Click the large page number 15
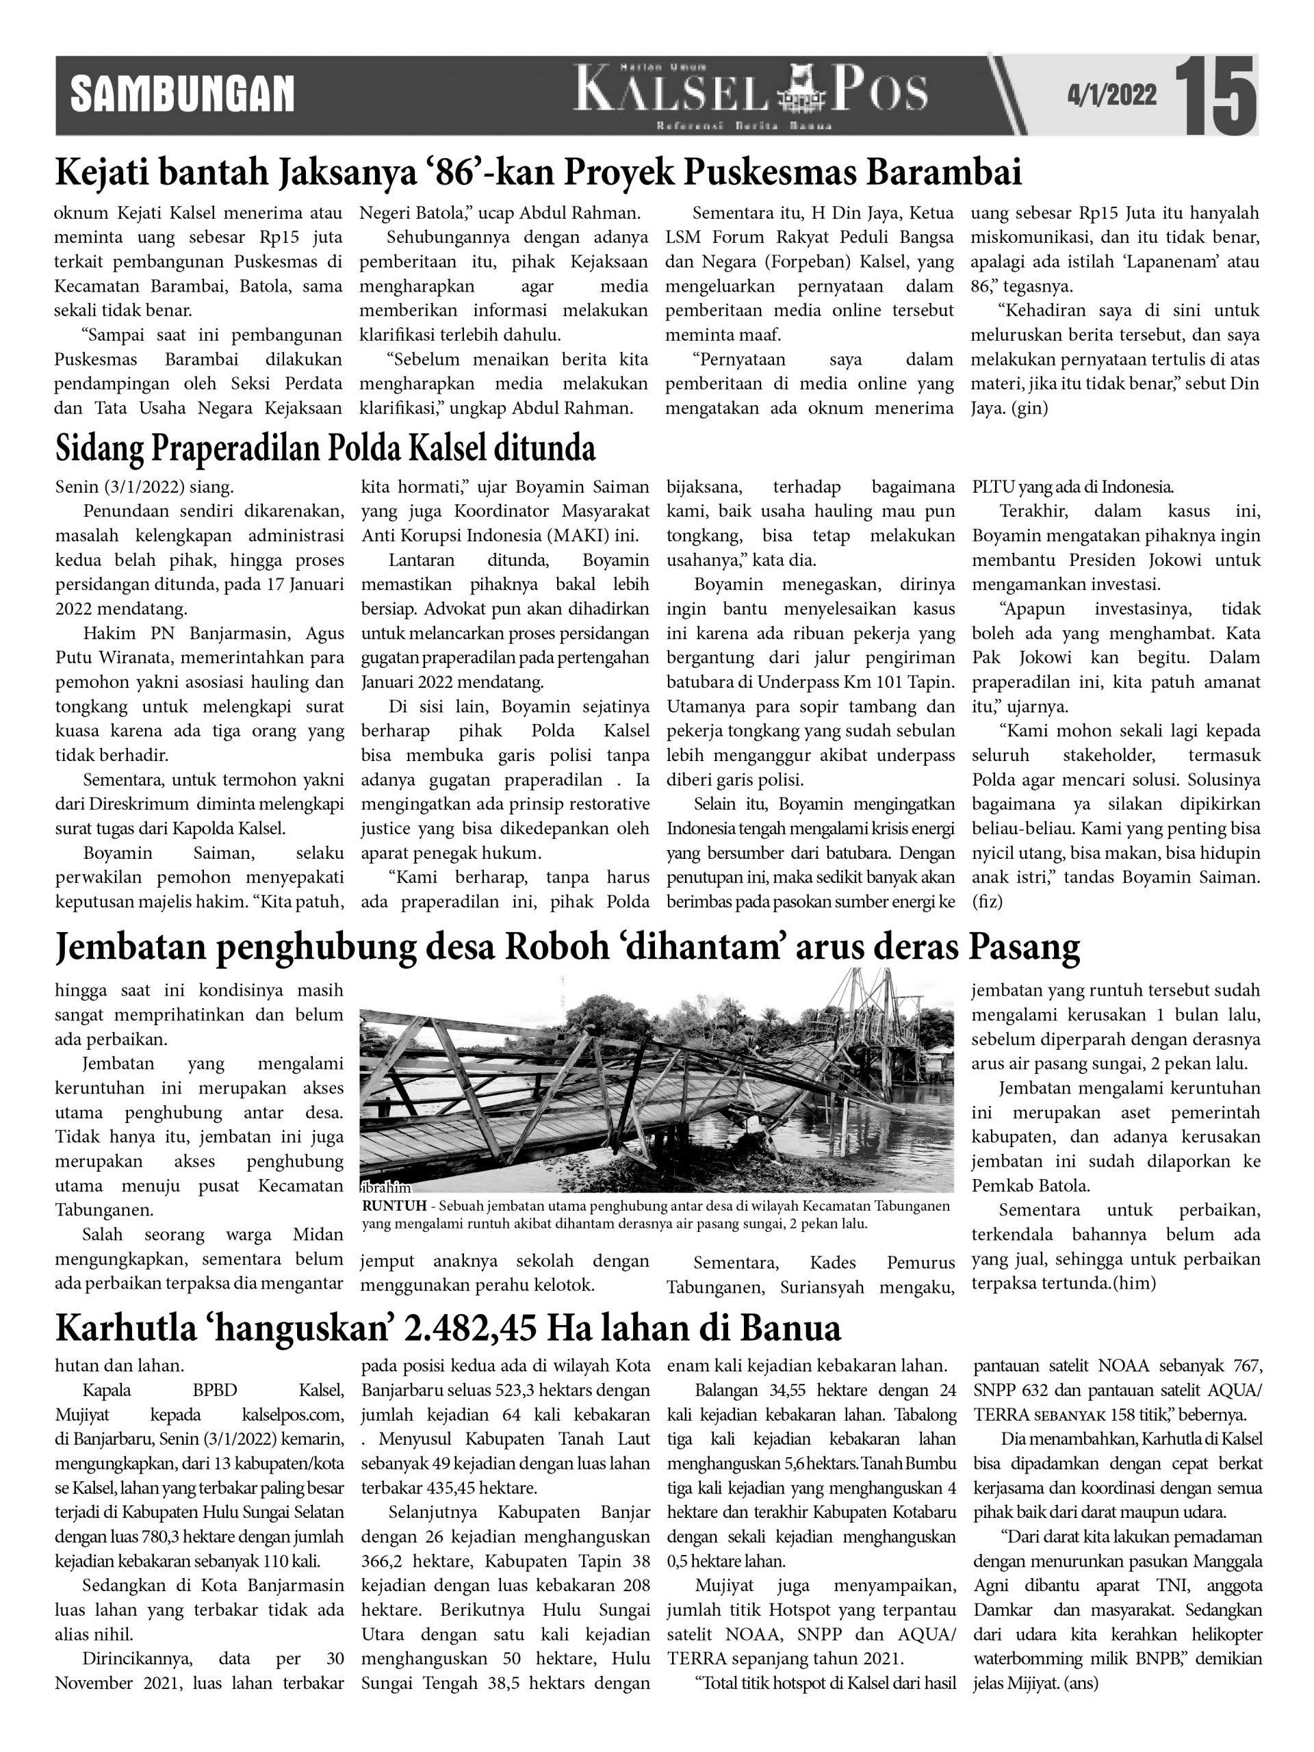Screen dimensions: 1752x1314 [x=1215, y=95]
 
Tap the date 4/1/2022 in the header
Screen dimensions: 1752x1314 [x=1111, y=95]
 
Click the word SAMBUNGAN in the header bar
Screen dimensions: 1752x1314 [x=183, y=94]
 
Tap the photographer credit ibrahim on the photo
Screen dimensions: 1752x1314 [x=386, y=1187]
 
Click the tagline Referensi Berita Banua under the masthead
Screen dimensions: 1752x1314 [x=745, y=127]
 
